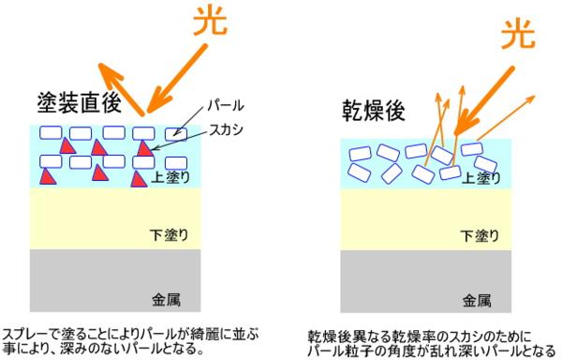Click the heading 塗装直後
(80, 103)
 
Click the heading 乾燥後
(374, 111)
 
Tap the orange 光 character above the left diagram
(210, 21)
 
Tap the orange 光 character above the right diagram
(518, 34)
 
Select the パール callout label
(226, 106)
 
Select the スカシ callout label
(226, 129)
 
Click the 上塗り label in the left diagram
(170, 177)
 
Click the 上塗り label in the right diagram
(481, 178)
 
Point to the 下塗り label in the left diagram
(169, 235)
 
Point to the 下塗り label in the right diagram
(480, 236)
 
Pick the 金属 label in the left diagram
(166, 299)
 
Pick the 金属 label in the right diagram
(477, 301)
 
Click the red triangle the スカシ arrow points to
(144, 149)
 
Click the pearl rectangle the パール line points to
(176, 134)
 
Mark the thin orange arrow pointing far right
(506, 117)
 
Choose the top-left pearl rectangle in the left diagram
(51, 133)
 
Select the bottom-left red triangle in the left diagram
(48, 176)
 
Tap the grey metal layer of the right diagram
(426, 281)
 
